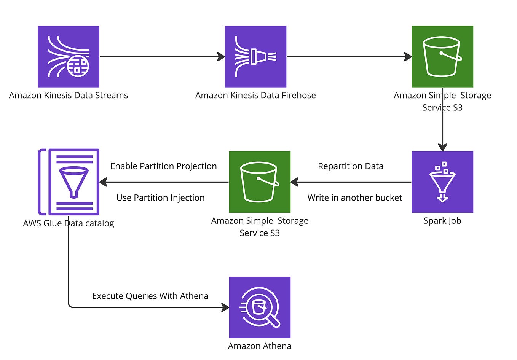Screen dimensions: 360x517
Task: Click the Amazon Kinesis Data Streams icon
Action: coord(69,57)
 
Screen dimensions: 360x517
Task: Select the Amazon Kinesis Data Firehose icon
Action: coord(255,57)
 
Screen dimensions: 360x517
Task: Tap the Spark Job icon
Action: coord(442,182)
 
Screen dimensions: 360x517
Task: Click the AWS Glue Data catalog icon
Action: coord(69,182)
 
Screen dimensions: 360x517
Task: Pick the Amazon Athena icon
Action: coord(260,307)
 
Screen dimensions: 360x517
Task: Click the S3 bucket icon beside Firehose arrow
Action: coord(442,57)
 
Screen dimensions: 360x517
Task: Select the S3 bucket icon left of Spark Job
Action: coord(260,182)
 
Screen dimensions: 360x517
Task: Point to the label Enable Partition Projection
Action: coord(163,166)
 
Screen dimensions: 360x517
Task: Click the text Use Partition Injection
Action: coord(160,198)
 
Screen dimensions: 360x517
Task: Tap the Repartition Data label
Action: coord(351,166)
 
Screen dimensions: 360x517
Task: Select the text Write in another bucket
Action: coord(354,198)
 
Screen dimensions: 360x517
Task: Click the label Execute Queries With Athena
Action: coord(150,296)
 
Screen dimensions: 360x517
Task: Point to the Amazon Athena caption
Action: coord(260,346)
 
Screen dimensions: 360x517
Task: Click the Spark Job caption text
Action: coord(442,221)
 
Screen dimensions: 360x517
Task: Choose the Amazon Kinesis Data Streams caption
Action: coord(69,96)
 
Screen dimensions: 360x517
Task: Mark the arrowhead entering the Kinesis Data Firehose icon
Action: coord(221,57)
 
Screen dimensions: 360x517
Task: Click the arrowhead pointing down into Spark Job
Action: coord(442,147)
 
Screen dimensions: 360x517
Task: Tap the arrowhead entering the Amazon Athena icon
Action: coord(225,307)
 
